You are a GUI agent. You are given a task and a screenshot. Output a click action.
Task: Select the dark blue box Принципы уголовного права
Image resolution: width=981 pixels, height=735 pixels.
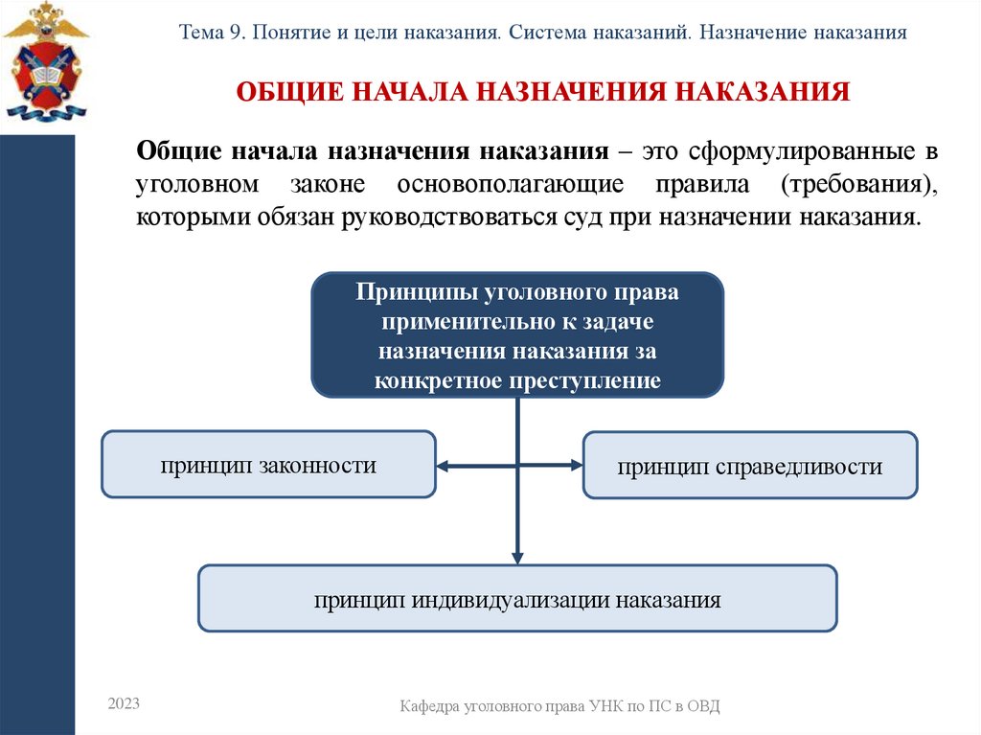[517, 335]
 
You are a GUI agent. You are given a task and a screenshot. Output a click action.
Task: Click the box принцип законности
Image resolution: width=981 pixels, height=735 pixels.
[268, 466]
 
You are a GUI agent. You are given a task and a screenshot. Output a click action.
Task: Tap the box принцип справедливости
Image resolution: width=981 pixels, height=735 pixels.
[749, 467]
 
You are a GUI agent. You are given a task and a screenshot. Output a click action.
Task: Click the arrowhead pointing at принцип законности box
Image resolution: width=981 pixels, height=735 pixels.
[444, 466]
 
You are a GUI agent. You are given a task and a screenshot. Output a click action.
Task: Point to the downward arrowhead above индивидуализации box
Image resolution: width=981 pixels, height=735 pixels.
[517, 557]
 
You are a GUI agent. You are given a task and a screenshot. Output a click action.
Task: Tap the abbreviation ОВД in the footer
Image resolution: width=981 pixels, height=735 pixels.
[702, 706]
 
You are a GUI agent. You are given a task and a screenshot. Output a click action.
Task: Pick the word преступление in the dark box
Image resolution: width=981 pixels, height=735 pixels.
[597, 380]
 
